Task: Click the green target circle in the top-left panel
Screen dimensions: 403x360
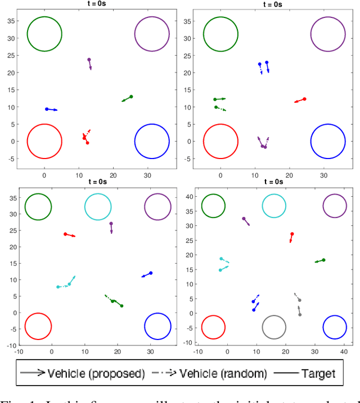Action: (x=44, y=34)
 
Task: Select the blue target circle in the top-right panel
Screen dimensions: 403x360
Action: (x=328, y=141)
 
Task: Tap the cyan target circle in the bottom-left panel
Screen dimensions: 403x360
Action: (x=97, y=206)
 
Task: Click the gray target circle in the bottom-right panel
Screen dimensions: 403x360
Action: (x=274, y=327)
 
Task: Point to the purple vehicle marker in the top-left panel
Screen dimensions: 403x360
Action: (x=89, y=60)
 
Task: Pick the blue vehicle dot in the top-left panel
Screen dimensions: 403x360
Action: (x=47, y=109)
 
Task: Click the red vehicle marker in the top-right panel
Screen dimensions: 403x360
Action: (x=304, y=99)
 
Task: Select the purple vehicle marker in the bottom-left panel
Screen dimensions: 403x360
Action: (x=111, y=224)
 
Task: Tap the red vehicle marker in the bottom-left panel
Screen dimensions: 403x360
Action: (x=65, y=234)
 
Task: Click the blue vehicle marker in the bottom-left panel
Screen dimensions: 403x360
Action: (x=151, y=273)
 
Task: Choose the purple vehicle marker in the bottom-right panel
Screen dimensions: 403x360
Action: (x=244, y=219)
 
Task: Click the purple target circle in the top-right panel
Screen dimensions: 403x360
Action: (x=328, y=34)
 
